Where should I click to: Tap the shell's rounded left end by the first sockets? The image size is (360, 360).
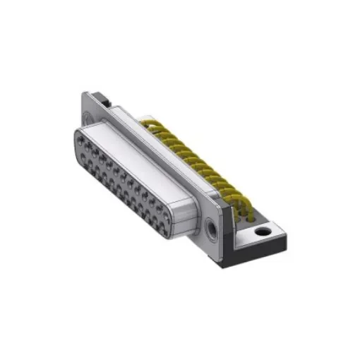(x=74, y=141)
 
